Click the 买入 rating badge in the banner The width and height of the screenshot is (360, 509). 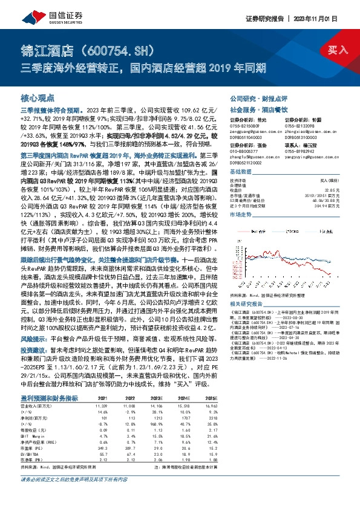(x=338, y=50)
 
